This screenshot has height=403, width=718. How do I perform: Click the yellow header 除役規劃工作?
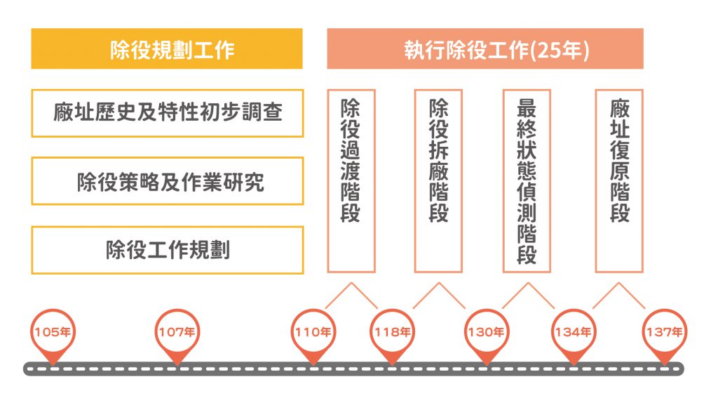[167, 49]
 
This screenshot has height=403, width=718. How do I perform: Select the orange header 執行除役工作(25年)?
[485, 49]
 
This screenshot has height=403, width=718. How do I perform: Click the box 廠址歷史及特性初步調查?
[167, 112]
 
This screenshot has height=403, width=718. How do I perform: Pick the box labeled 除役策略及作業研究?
[167, 181]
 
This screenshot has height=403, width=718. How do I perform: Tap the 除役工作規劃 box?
[167, 250]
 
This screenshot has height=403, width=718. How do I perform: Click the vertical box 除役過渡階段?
[351, 180]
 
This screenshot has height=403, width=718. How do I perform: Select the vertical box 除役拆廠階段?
[438, 180]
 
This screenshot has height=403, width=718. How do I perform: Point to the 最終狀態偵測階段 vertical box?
[527, 180]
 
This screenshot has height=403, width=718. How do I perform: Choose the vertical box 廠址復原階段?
[619, 180]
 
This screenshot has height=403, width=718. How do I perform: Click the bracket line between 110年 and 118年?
[351, 284]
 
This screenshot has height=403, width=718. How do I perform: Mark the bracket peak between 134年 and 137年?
[619, 284]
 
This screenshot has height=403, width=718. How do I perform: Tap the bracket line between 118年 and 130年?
[439, 284]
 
